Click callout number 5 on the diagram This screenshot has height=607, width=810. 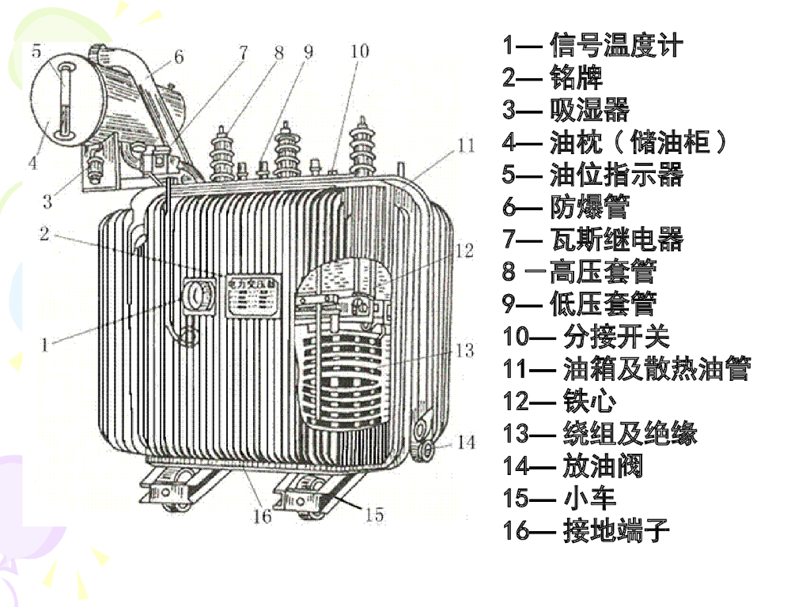pos(36,52)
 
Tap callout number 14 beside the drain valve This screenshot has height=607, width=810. pos(467,441)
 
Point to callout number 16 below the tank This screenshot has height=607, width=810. pos(262,516)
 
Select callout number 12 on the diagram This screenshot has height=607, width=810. pos(464,251)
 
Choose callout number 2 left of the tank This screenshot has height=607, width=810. pos(45,233)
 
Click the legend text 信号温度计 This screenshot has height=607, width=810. pos(615,45)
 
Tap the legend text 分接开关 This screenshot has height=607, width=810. pos(616,336)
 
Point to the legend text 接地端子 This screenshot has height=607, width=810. pos(616,530)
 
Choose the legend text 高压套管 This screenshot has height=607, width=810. pos(603,271)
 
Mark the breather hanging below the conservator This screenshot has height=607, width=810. pos(95,168)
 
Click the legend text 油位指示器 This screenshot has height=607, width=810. pos(616,174)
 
